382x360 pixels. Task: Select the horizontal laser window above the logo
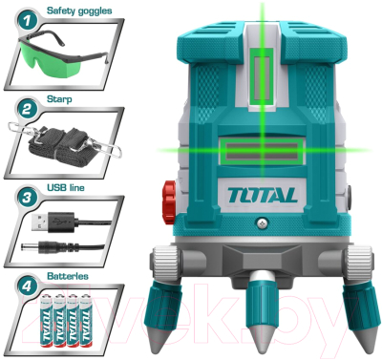tap(261, 154)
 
